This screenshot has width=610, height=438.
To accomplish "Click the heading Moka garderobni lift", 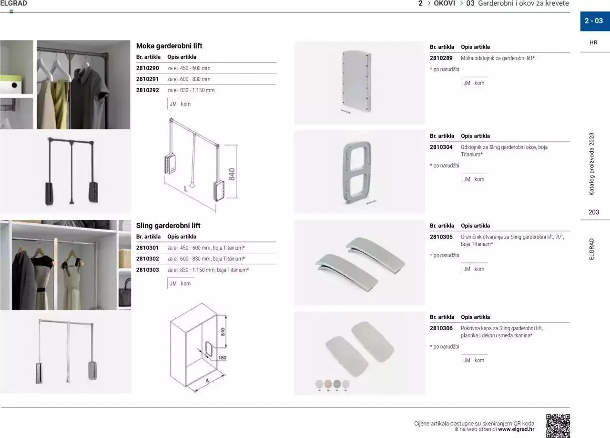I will point(169,46).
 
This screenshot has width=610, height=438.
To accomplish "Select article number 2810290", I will point(147,68).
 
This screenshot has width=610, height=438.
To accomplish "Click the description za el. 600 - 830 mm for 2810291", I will point(189,79).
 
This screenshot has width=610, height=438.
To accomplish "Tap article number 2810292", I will point(147,90).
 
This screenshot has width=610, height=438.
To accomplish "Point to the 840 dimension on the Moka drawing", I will point(232,174).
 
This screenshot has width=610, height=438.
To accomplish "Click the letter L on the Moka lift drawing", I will point(186,188).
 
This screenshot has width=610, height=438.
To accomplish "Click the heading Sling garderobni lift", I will point(168,226).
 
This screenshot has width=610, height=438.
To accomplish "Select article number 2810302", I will point(147,259).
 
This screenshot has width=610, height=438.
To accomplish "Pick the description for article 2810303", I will point(208,270).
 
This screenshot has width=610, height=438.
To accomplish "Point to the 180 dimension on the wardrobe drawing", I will point(222,357).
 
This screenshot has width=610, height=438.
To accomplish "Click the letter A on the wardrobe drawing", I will point(207,381).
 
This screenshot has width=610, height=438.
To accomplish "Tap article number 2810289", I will point(441,58).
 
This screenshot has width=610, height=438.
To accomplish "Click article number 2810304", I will point(441,147).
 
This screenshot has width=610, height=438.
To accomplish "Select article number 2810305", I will point(441,237).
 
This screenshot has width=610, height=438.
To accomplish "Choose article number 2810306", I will point(441,328).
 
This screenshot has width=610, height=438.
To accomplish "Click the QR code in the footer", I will point(558,426).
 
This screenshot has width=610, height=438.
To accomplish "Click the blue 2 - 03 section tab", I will point(594,21).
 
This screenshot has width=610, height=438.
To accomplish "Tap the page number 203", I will point(594,212).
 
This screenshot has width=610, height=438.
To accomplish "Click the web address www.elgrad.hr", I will point(516,429).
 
